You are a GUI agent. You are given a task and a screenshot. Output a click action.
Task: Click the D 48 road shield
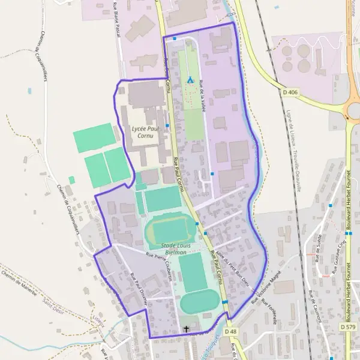231,331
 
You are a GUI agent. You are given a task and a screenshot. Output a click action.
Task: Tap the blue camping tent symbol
190,79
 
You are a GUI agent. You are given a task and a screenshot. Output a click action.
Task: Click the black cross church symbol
187,329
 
